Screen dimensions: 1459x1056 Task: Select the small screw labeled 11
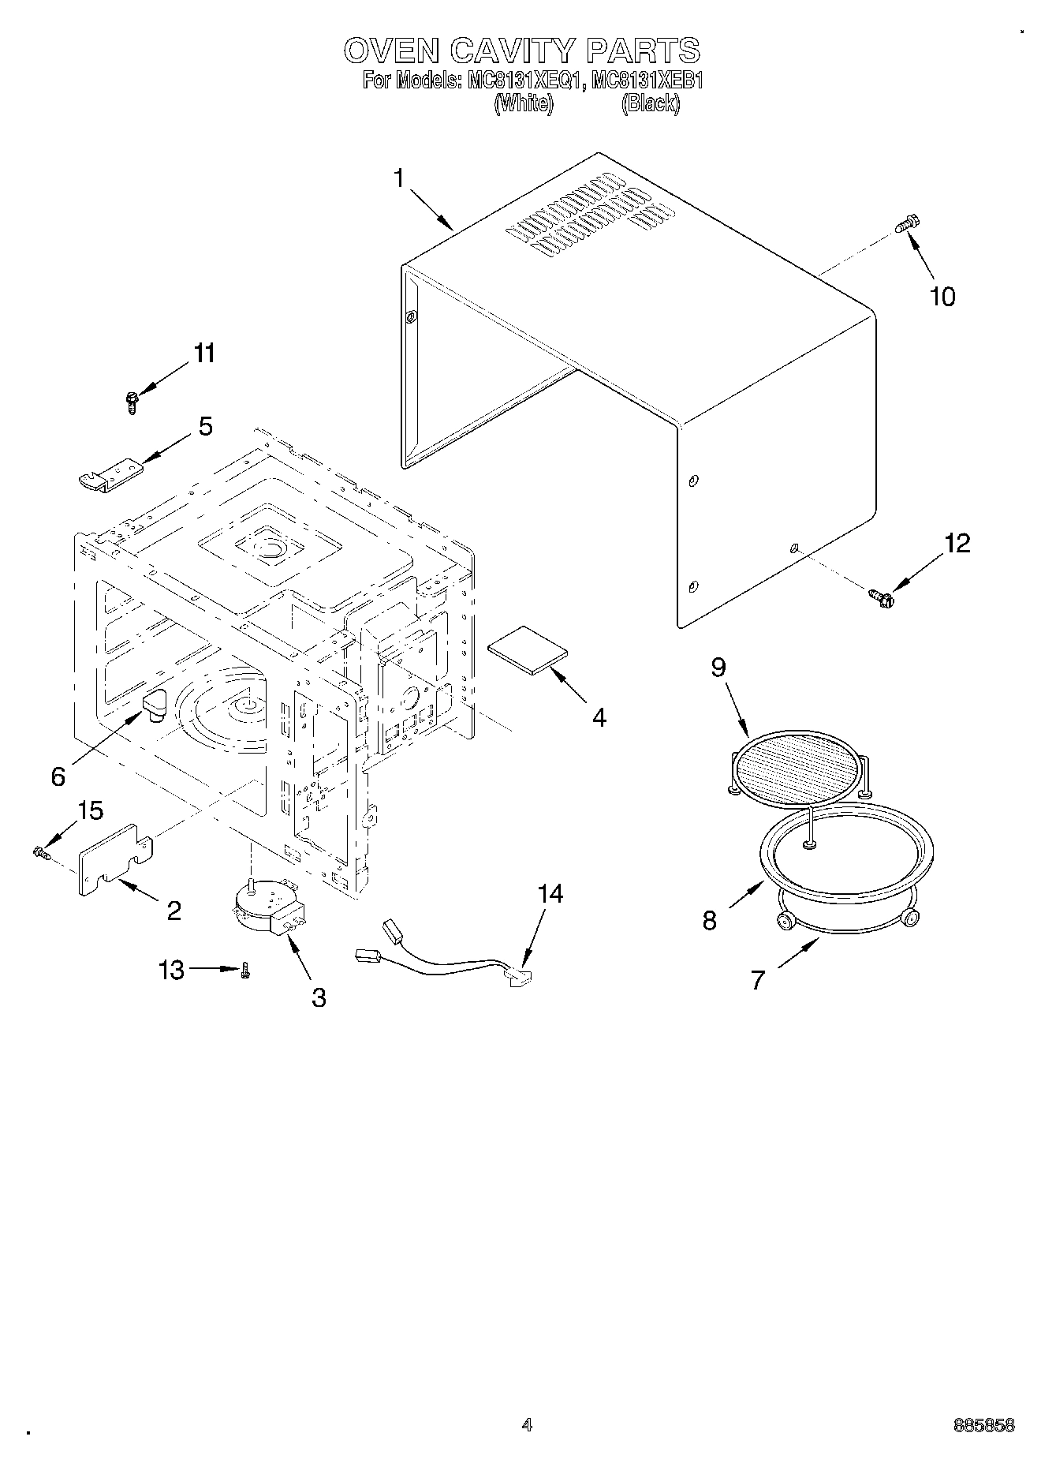coord(132,403)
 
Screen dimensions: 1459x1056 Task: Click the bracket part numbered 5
coord(112,477)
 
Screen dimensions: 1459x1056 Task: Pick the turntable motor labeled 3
coord(267,908)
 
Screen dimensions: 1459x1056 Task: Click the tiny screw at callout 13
coord(245,971)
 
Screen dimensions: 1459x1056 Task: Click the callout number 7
coord(758,980)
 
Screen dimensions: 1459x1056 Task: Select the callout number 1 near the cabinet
coord(399,178)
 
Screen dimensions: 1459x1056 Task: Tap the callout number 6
coord(58,776)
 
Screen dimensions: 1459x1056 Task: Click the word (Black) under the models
coord(651,103)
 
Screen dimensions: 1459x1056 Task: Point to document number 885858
coord(983,1426)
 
